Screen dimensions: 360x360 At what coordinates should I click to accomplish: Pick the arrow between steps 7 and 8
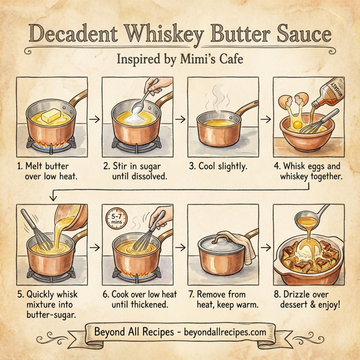click(x=264, y=247)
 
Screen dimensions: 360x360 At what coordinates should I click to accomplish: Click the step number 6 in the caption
click(x=106, y=295)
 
